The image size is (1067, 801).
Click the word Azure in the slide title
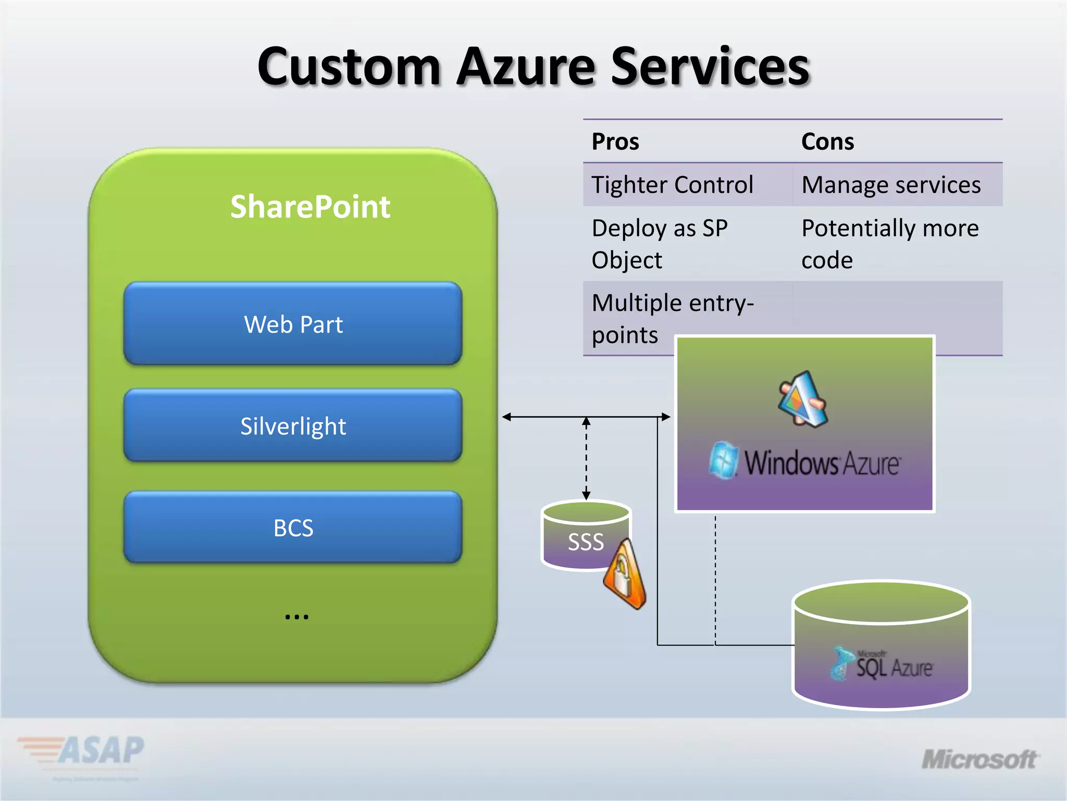pyautogui.click(x=526, y=67)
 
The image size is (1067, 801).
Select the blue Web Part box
pyautogui.click(x=293, y=324)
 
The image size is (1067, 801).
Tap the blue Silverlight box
pyautogui.click(x=293, y=426)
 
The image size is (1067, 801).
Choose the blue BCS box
pyautogui.click(x=293, y=528)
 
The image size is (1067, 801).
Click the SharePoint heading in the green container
pyautogui.click(x=310, y=207)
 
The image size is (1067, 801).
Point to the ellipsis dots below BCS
pyautogui.click(x=296, y=617)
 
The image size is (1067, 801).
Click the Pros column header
pyautogui.click(x=615, y=142)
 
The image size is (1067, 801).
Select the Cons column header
pyautogui.click(x=827, y=142)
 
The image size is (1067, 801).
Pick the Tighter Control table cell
pyautogui.click(x=672, y=185)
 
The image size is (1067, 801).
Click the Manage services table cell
pyautogui.click(x=891, y=185)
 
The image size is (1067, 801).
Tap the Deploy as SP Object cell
pyautogui.click(x=660, y=244)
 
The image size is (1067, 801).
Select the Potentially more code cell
pyautogui.click(x=890, y=244)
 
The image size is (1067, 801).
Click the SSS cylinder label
pyautogui.click(x=586, y=542)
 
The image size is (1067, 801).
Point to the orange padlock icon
pyautogui.click(x=625, y=575)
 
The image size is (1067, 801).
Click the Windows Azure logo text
pyautogui.click(x=821, y=463)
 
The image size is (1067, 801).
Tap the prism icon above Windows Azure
pyautogui.click(x=803, y=399)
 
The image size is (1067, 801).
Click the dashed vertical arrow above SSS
pyautogui.click(x=586, y=459)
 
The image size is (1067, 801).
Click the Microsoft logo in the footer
pyautogui.click(x=979, y=759)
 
